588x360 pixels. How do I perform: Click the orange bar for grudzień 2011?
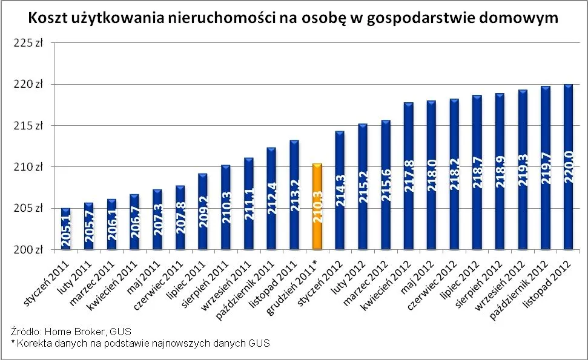click(317, 206)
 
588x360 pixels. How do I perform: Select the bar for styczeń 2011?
click(65, 229)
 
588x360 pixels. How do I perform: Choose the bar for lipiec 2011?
click(202, 212)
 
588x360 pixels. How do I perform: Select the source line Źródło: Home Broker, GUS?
click(71, 332)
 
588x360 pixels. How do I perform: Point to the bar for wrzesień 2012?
click(523, 169)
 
